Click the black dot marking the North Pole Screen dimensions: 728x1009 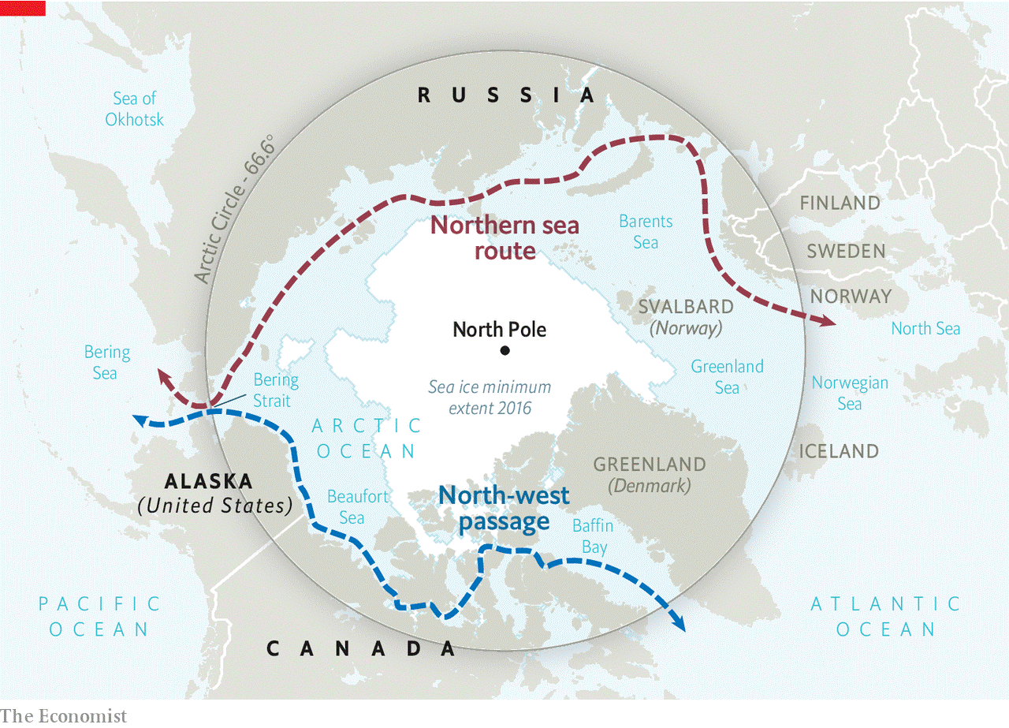(504, 350)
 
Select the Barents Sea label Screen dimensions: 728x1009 (646, 232)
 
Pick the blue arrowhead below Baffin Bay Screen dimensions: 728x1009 (679, 625)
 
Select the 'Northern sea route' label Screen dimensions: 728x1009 (504, 238)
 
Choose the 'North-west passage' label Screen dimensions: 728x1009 (504, 509)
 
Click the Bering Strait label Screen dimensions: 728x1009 (276, 390)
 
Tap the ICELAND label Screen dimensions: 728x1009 (839, 451)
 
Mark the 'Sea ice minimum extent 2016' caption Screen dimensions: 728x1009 (490, 398)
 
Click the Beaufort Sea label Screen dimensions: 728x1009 (358, 506)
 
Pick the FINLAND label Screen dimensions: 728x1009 (840, 203)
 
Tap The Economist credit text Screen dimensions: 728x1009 (63, 715)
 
